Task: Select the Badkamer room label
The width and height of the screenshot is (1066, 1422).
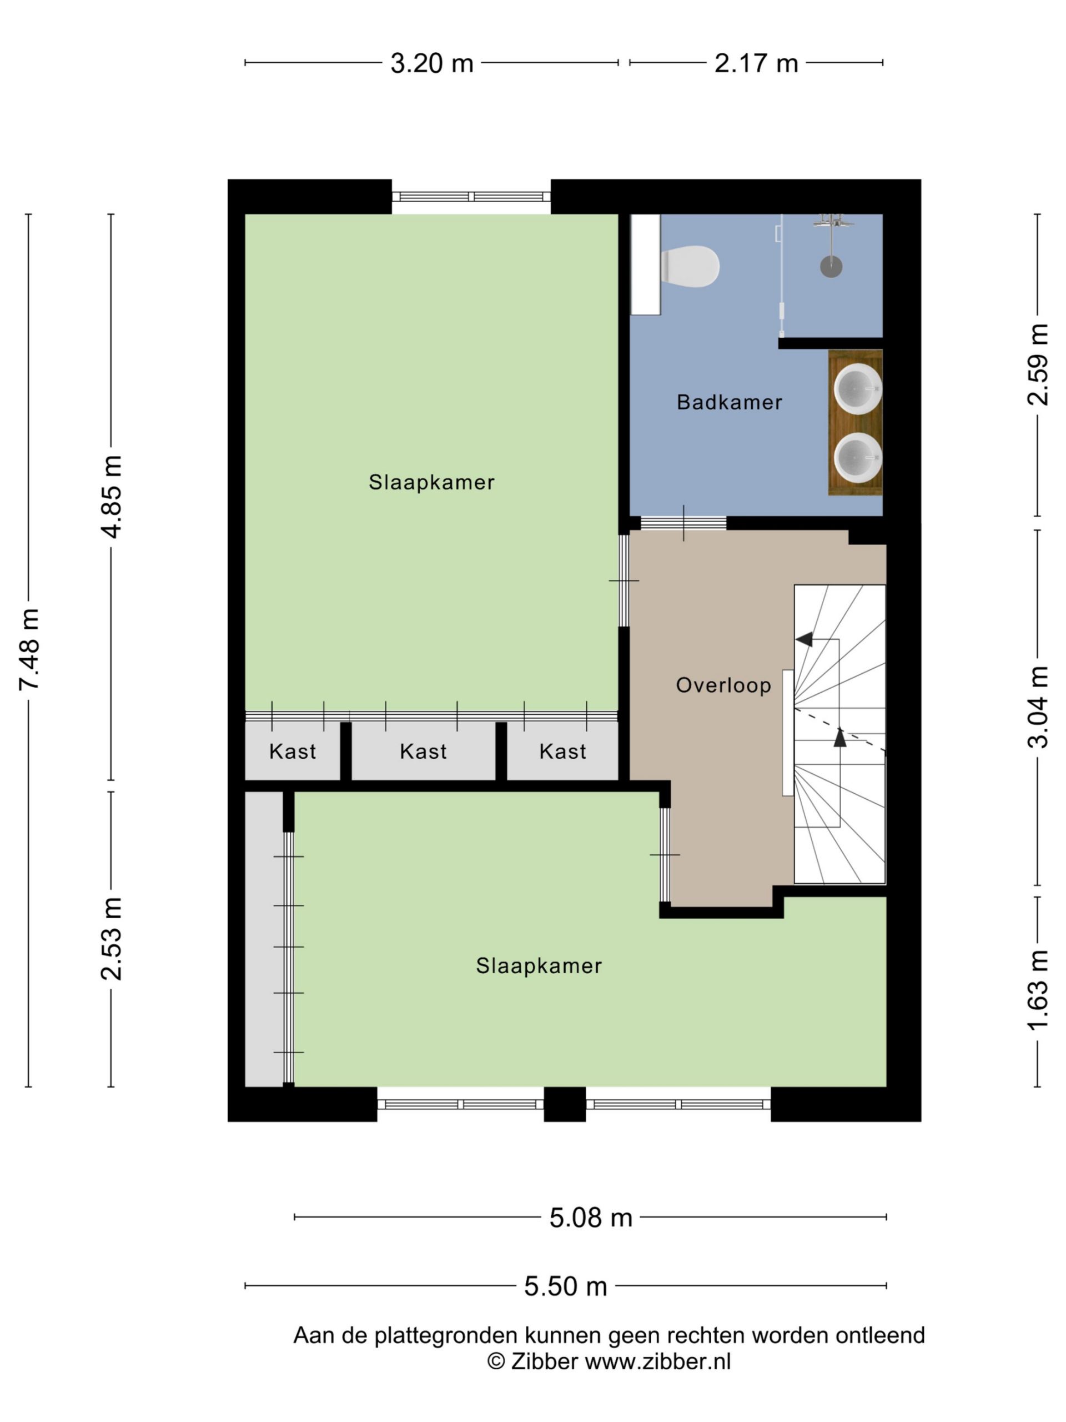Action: [730, 402]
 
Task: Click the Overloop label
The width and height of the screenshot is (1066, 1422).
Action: [723, 685]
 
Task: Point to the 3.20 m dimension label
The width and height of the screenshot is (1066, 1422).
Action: [432, 63]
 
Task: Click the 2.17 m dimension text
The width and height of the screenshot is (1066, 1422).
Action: [756, 63]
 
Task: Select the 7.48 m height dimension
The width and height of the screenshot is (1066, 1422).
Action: [29, 649]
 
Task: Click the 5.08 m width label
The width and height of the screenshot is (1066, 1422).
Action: [591, 1218]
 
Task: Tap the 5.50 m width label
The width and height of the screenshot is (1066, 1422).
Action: [565, 1286]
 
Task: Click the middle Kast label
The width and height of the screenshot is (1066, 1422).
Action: [423, 752]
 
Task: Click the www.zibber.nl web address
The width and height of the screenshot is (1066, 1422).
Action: [657, 1361]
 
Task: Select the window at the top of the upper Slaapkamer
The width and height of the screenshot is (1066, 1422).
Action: [471, 197]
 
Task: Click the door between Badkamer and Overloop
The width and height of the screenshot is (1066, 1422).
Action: [683, 523]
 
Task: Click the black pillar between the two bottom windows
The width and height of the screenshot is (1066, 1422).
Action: [565, 1104]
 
